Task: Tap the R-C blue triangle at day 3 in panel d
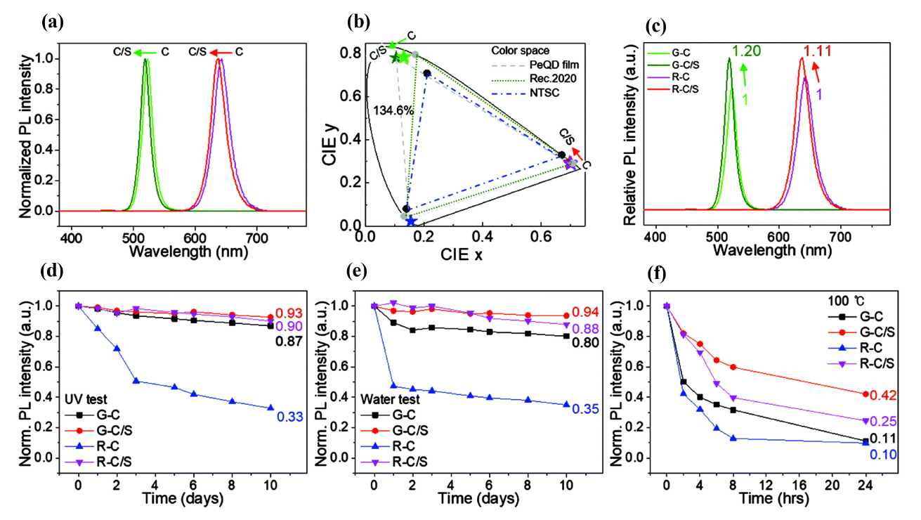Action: [136, 381]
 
